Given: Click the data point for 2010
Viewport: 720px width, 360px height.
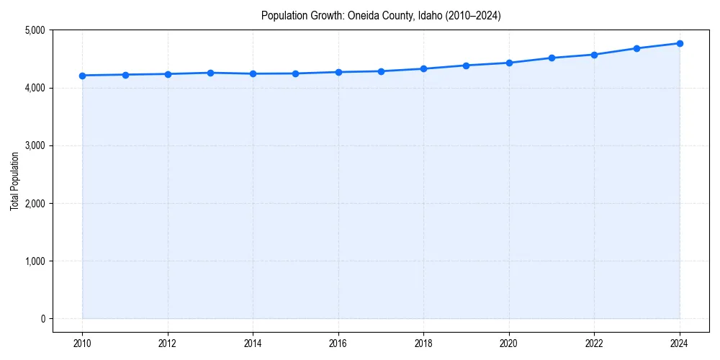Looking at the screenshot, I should [x=82, y=76].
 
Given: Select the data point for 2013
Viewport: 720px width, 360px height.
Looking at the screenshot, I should [x=210, y=73].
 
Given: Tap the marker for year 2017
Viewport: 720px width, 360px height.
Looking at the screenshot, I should [x=381, y=71].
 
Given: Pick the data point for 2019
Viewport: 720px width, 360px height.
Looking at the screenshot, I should [x=466, y=66].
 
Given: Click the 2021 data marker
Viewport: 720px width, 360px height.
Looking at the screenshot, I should [x=552, y=58].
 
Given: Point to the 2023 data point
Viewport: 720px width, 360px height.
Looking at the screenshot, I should [x=636, y=48].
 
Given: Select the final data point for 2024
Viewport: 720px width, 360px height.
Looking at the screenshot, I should [x=680, y=43].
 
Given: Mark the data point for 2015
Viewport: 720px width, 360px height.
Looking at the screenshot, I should [x=295, y=73].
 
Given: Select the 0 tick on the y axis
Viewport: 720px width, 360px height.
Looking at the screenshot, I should [x=42, y=319].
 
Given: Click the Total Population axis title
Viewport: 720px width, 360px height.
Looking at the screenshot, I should [x=14, y=181].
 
